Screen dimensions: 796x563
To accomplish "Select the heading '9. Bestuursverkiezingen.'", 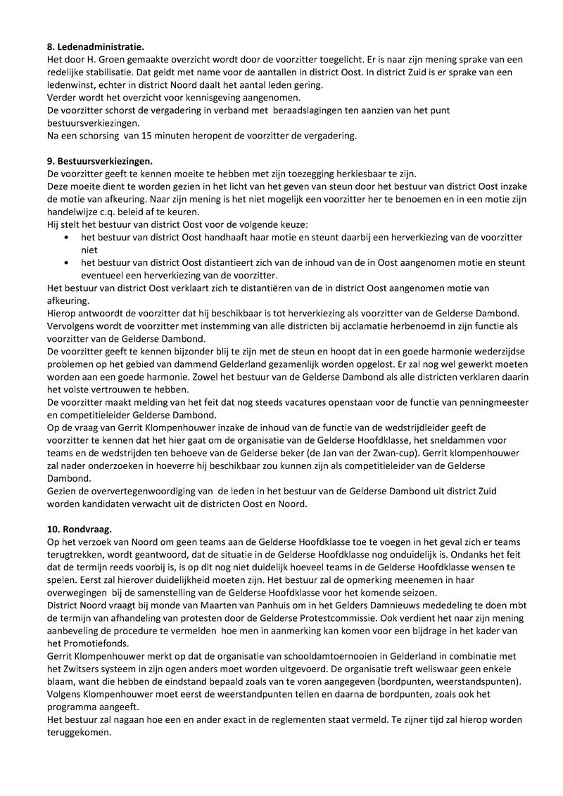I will [x=99, y=160].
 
